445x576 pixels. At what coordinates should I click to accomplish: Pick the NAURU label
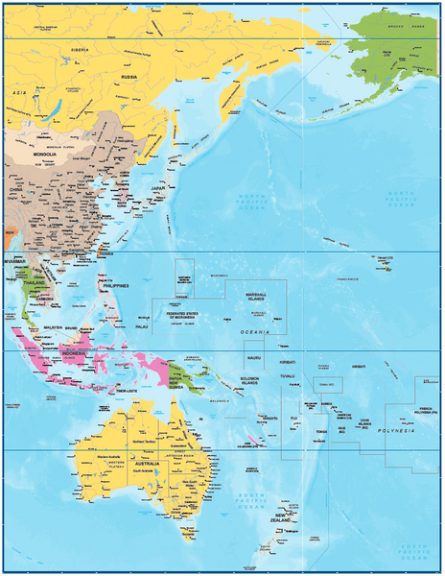253,357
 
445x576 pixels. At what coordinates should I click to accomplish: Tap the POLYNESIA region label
396,434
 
